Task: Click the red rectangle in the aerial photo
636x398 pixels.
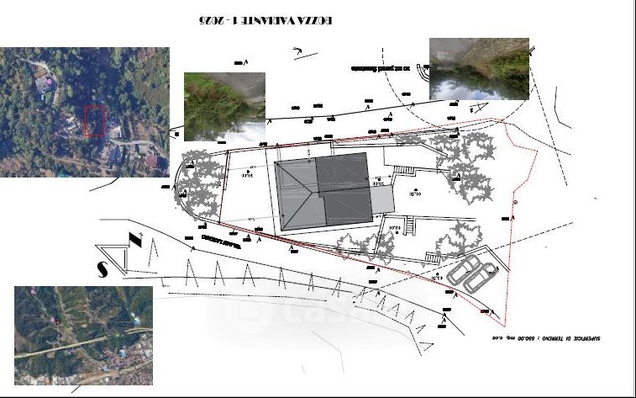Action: coord(95,119)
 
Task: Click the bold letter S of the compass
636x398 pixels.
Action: coord(101,269)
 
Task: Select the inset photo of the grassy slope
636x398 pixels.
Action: coord(224,105)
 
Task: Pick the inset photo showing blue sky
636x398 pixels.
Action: coord(479,68)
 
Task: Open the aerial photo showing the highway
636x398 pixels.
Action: coord(83,335)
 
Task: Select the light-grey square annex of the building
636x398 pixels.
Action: coord(382,200)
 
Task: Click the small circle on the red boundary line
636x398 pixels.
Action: coord(513,204)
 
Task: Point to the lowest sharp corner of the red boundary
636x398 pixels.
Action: coord(503,325)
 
